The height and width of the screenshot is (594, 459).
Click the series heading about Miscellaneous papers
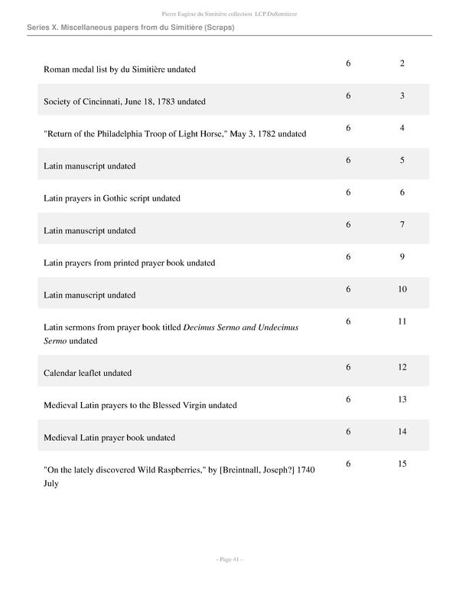130,28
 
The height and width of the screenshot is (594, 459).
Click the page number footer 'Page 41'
229,560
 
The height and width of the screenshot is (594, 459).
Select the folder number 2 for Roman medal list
402,63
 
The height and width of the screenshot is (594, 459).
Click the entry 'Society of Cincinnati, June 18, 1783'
125,102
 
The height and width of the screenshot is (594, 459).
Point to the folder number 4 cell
402,128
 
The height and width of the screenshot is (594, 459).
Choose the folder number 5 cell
402,161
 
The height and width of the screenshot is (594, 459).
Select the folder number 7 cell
402,225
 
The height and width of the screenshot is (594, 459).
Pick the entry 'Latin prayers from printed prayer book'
129,263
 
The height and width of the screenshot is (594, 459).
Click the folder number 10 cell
402,289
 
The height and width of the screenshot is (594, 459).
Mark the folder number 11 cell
402,321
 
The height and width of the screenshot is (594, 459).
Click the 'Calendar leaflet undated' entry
88,374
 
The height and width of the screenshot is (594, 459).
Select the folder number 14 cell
402,432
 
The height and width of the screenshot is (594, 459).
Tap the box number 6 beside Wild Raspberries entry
348,464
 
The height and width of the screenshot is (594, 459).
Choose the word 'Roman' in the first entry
57,70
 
